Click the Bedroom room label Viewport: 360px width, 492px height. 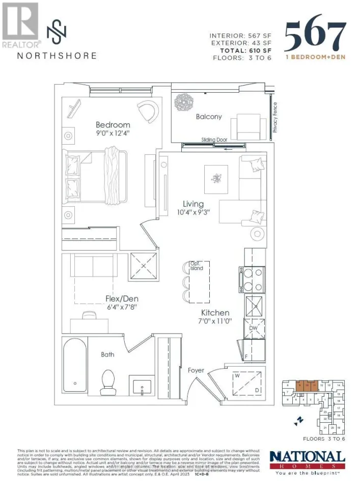[113, 125]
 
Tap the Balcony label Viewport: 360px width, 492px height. [209, 117]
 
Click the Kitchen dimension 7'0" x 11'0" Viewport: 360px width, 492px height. [214, 322]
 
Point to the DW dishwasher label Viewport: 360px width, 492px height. [254, 329]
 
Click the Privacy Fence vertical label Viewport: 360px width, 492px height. [275, 118]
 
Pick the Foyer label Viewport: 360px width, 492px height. [196, 370]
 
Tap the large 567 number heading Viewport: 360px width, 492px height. [315, 36]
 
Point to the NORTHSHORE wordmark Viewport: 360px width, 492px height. [57, 56]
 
